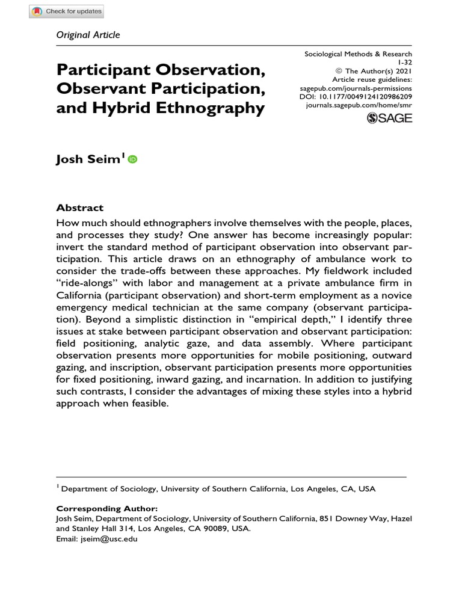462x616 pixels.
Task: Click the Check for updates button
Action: pos(67,11)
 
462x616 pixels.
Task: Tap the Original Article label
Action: pos(88,34)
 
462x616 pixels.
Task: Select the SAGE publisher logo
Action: pos(390,118)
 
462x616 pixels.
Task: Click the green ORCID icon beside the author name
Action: pos(132,159)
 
